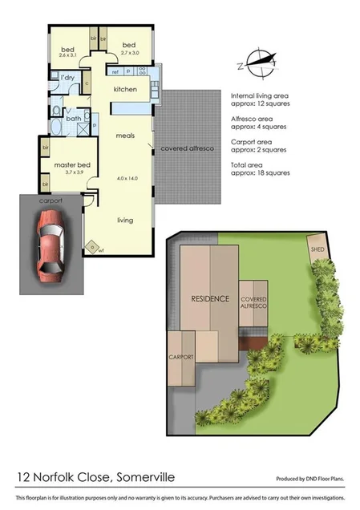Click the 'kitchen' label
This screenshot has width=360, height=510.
pyautogui.click(x=126, y=89)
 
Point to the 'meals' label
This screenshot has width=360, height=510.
pyautogui.click(x=123, y=137)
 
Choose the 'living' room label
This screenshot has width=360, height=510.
pyautogui.click(x=124, y=220)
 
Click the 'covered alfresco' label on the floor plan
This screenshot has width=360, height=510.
pyautogui.click(x=187, y=148)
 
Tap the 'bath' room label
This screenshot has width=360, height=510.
pyautogui.click(x=73, y=119)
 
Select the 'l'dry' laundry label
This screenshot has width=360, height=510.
pyautogui.click(x=67, y=77)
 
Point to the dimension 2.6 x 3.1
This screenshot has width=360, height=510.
pyautogui.click(x=69, y=55)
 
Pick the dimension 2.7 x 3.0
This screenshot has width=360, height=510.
pyautogui.click(x=129, y=52)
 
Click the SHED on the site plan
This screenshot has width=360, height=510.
pyautogui.click(x=318, y=249)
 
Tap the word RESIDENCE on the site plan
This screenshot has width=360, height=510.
pyautogui.click(x=210, y=298)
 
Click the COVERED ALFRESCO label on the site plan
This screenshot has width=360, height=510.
pyautogui.click(x=254, y=302)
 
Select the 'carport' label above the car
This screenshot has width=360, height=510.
pyautogui.click(x=50, y=203)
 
